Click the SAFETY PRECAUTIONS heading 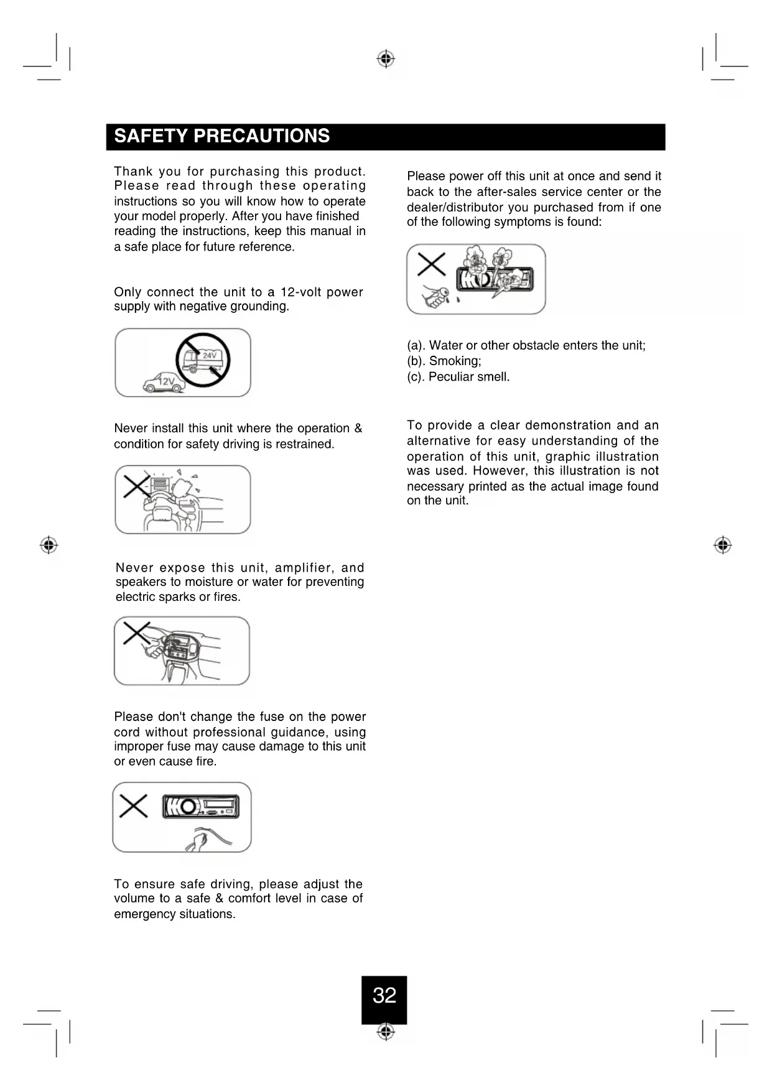222,136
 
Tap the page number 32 384,996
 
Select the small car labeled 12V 164,383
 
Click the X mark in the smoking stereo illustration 431,264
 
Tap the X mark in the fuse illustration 133,806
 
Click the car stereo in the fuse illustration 200,807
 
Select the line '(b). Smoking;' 444,361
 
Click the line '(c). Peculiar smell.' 458,377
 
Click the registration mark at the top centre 386,59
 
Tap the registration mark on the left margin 49,545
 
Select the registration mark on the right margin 722,545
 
